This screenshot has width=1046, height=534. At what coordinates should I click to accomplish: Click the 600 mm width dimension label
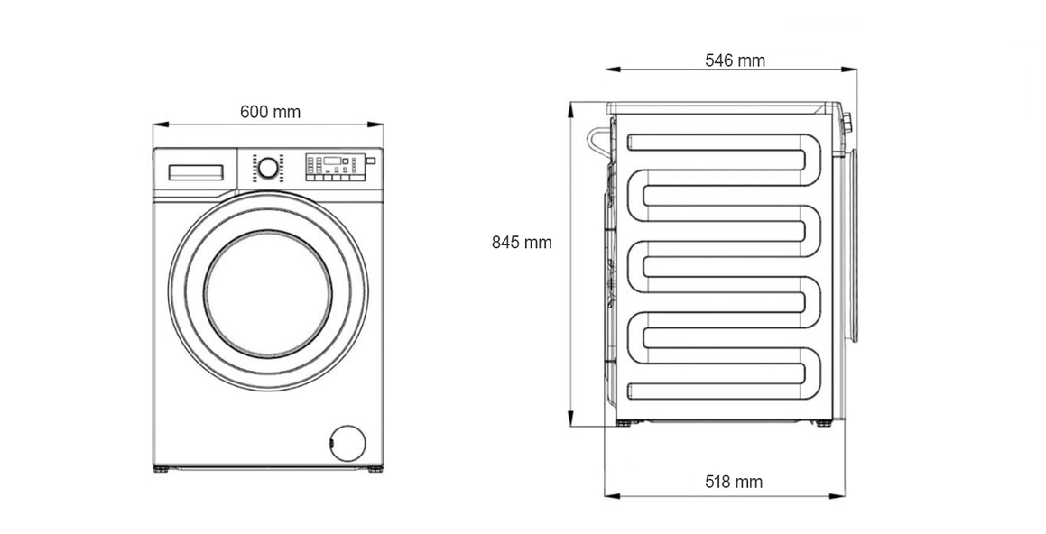point(270,112)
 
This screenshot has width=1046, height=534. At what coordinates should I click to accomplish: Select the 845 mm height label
point(522,243)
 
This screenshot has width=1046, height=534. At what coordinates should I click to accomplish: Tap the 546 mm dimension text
point(736,60)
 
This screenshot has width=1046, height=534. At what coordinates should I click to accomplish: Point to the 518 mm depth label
point(734,482)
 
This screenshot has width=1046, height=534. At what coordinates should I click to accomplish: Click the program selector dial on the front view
point(268,168)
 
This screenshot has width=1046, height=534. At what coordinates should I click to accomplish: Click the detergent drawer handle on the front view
point(196,172)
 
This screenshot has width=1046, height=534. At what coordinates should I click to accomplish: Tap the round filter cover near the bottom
point(347,443)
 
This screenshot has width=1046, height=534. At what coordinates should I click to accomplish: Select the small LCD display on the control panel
point(332,161)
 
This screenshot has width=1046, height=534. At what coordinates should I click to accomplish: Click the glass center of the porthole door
point(268,294)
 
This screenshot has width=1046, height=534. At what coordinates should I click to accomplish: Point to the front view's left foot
point(161,469)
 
